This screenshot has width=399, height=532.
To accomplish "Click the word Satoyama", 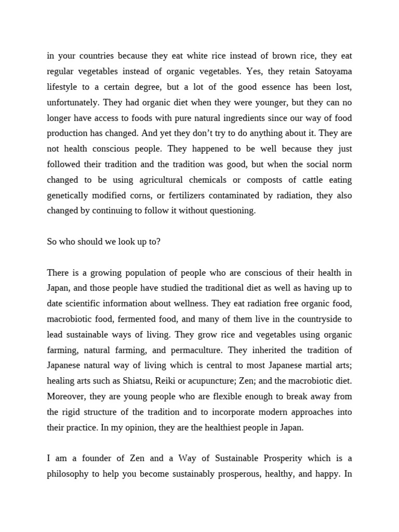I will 332,71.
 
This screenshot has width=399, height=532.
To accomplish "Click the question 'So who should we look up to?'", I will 103,242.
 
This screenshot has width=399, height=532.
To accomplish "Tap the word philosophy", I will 68,474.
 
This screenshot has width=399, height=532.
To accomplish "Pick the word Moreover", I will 66,396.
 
